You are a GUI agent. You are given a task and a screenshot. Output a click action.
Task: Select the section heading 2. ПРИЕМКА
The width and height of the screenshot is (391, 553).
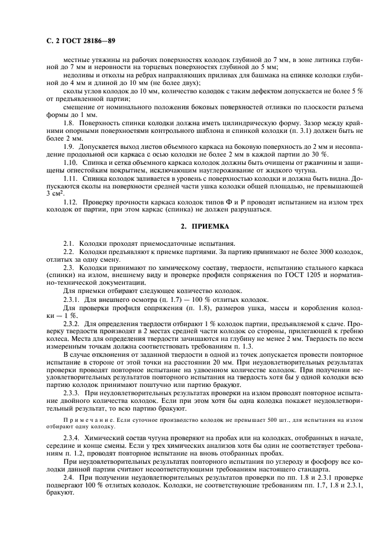point(195,226)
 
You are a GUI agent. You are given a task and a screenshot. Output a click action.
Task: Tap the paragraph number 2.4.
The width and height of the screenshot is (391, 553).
point(69,476)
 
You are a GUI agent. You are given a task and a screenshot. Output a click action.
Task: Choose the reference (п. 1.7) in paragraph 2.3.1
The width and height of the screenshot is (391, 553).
point(148,299)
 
